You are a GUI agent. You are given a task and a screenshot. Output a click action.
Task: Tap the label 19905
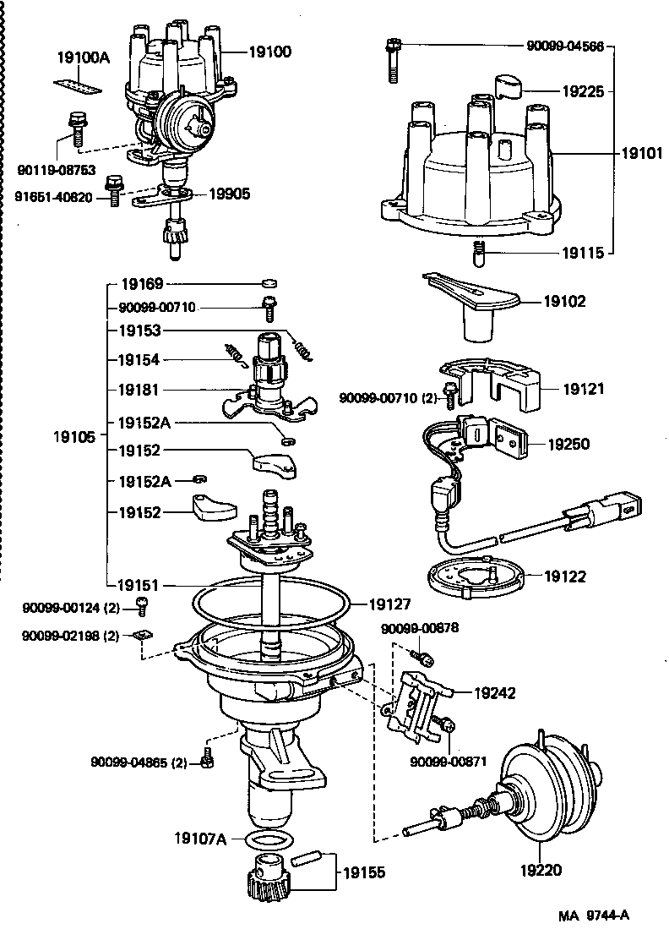click(230, 194)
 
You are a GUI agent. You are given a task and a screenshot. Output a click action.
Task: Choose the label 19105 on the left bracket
click(76, 437)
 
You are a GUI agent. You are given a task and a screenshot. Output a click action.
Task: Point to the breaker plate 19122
click(474, 578)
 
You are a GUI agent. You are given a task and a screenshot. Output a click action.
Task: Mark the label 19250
click(568, 443)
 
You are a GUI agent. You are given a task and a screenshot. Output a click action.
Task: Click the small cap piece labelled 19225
click(510, 87)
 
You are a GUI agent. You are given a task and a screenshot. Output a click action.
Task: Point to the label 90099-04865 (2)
click(139, 762)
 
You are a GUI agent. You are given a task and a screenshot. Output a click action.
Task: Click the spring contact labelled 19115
click(479, 252)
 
